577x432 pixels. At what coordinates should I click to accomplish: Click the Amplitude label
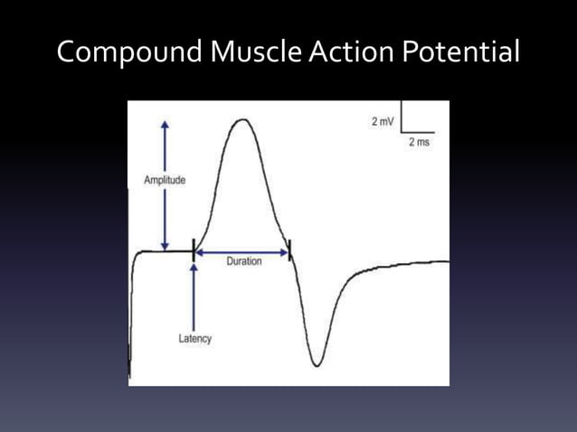[165, 181]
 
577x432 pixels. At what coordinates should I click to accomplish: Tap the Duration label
[242, 261]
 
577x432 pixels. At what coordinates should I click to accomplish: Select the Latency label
[194, 339]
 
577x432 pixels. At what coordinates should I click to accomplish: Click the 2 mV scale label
[382, 122]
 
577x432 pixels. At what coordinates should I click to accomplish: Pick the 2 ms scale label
[418, 144]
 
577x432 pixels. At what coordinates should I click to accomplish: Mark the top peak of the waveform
[241, 120]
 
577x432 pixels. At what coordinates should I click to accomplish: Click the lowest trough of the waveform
[316, 365]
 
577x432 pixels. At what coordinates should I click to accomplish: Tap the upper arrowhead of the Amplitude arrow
[165, 125]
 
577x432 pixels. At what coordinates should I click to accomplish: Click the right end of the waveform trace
[447, 262]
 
